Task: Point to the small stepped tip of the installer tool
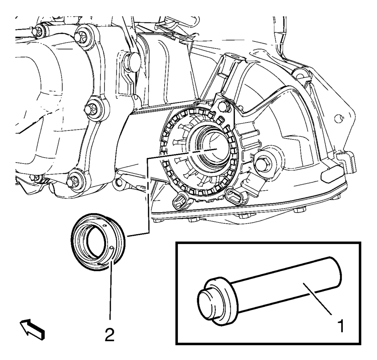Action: click(207, 303)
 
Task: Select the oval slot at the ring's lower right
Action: click(234, 195)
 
